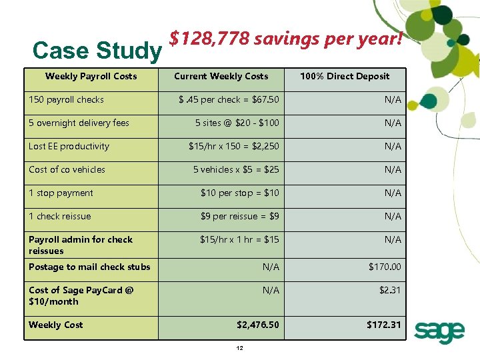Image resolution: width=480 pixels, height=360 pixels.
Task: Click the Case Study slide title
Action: tap(97, 51)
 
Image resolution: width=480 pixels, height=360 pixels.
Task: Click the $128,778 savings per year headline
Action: tap(286, 39)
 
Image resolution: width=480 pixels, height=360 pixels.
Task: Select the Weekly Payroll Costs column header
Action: tap(91, 76)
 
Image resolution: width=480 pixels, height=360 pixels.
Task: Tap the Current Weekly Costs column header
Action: tap(221, 76)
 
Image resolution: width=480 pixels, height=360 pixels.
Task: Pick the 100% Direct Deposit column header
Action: tap(345, 76)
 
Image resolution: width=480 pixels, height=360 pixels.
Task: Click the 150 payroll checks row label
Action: tap(66, 99)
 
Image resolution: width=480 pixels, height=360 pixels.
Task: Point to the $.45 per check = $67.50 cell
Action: tap(229, 99)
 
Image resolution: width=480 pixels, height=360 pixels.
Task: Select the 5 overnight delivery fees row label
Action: tap(79, 123)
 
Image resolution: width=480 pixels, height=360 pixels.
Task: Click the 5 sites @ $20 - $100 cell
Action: tap(237, 123)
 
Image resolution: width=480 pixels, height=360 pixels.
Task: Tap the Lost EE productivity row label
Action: tap(69, 146)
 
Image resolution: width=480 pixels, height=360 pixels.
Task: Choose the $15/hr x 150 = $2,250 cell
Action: tap(234, 146)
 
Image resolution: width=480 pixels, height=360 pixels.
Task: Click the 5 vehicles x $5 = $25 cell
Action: tap(236, 169)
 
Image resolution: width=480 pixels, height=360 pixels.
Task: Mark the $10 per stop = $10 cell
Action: tap(240, 193)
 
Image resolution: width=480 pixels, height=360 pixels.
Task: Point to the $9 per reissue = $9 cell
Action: tap(240, 216)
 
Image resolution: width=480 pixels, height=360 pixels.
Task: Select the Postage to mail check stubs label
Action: tap(89, 267)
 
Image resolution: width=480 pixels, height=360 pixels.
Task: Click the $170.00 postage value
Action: tap(385, 267)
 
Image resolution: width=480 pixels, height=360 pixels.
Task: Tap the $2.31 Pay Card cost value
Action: tap(390, 290)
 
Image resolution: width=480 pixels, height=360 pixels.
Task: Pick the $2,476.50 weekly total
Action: tap(258, 325)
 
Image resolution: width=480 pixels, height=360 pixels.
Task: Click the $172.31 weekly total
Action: tap(384, 325)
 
